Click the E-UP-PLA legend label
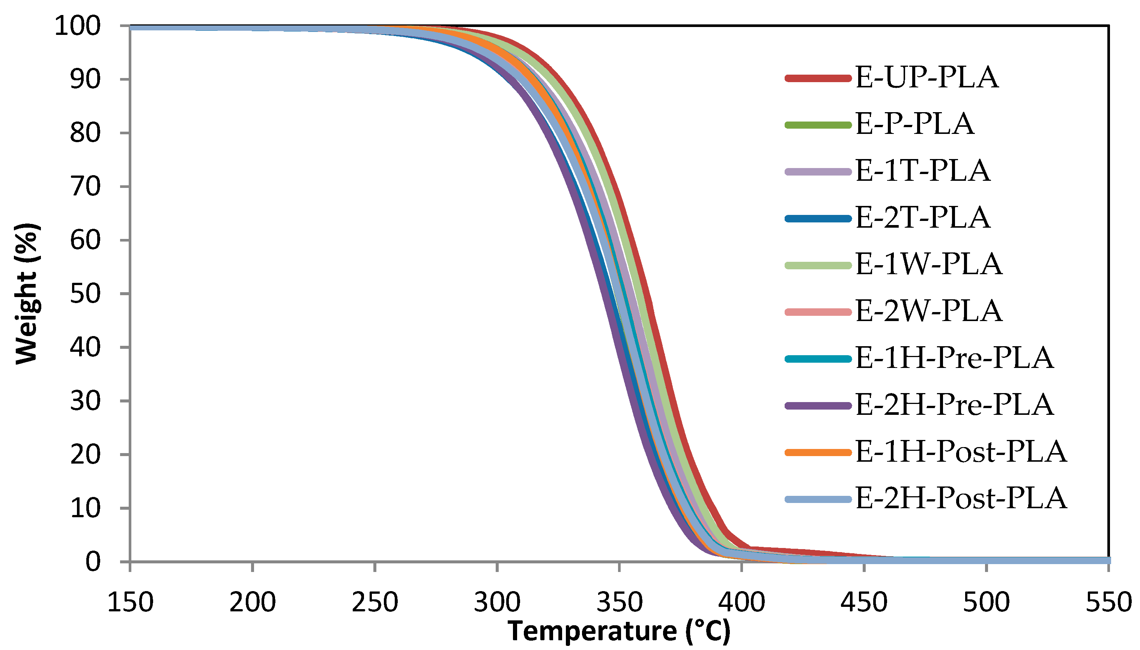[x=926, y=77]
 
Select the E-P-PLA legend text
[x=914, y=124]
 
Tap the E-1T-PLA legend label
[x=922, y=171]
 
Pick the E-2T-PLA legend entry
[x=922, y=218]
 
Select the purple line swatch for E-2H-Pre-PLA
[x=818, y=405]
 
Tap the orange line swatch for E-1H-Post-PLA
[x=818, y=452]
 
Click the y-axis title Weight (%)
[x=27, y=293]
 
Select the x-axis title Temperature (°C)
[x=619, y=631]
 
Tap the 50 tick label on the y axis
[x=85, y=294]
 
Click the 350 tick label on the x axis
[x=619, y=602]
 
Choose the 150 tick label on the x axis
[x=130, y=602]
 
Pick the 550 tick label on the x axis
[x=1108, y=602]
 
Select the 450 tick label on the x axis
[x=863, y=602]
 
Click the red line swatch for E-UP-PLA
[x=818, y=78]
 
